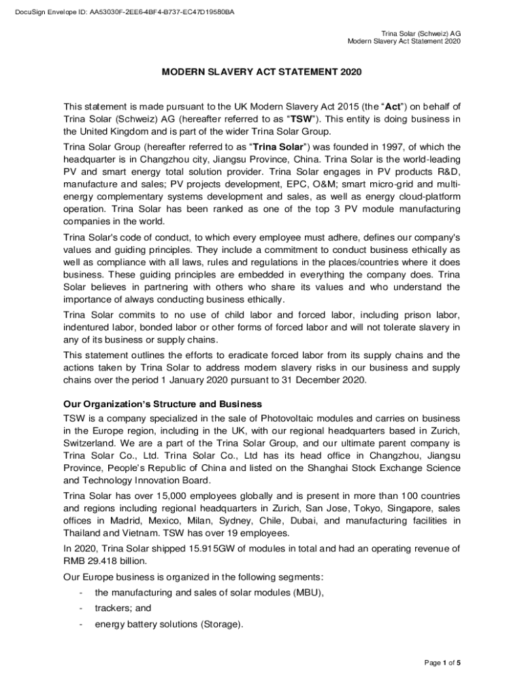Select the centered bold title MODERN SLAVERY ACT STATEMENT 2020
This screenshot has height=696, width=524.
click(x=262, y=72)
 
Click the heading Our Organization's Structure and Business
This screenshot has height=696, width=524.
click(x=163, y=405)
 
